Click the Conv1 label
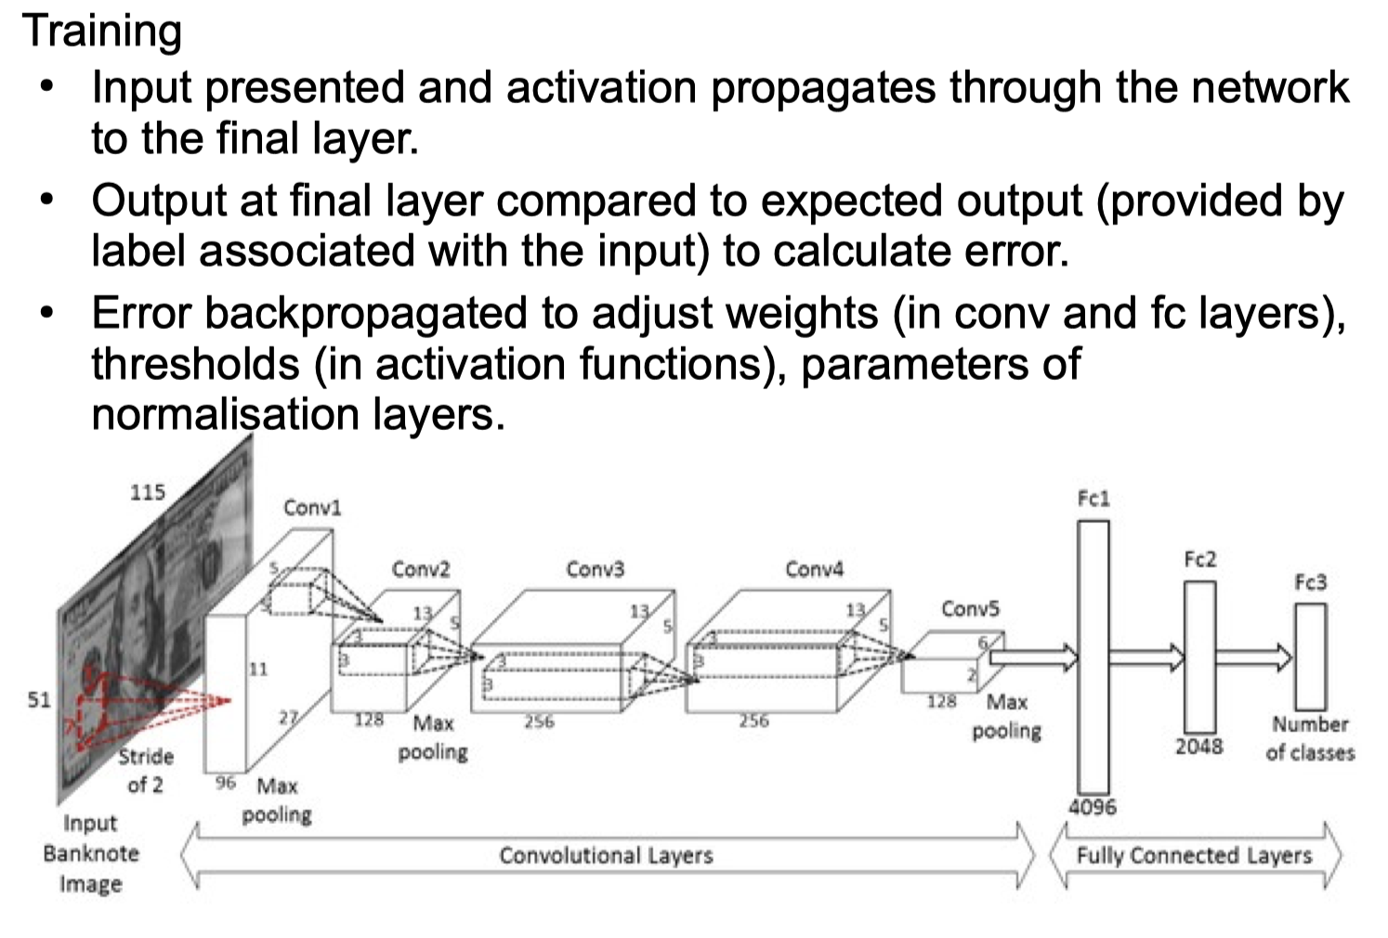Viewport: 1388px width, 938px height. coord(312,507)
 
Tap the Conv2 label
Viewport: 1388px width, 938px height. coord(421,568)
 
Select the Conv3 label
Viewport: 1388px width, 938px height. coord(596,568)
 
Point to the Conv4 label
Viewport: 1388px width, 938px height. coord(814,568)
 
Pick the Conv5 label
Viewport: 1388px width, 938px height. coord(970,608)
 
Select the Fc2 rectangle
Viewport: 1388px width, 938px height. coord(1199,657)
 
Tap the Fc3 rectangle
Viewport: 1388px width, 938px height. coord(1310,656)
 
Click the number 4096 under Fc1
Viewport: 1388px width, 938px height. coord(1093,807)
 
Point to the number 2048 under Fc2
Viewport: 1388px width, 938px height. coord(1198,746)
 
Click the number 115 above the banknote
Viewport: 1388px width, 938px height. coord(147,491)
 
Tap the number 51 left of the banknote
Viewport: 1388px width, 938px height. coord(38,698)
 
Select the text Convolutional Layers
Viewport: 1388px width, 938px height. coord(606,855)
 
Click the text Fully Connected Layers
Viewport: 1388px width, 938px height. coord(1194,855)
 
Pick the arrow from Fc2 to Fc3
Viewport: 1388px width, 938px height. coord(1254,657)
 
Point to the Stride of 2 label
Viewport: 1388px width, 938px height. coord(145,770)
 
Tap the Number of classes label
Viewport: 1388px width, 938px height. coord(1310,737)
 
